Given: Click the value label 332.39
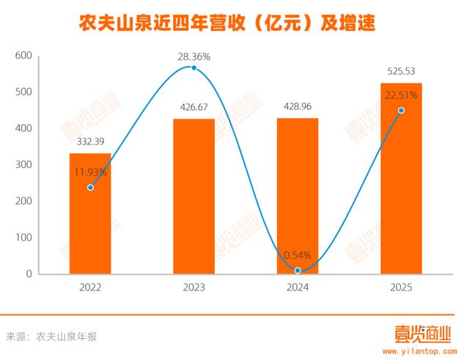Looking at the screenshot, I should (x=90, y=142).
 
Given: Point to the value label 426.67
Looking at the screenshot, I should (x=194, y=107).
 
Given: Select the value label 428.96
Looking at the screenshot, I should (x=298, y=106).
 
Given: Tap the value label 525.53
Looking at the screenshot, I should (x=402, y=71).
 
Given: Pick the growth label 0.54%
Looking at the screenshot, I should (x=298, y=255).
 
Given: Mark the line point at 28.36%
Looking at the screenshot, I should (x=194, y=67).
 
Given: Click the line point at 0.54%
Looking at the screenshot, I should (x=298, y=270).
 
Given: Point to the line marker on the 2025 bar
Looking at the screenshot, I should (x=401, y=111).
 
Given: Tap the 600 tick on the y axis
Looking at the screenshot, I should (x=23, y=56).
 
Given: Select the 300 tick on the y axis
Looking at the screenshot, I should (x=23, y=165).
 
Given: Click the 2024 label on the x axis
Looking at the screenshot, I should (x=298, y=288).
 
